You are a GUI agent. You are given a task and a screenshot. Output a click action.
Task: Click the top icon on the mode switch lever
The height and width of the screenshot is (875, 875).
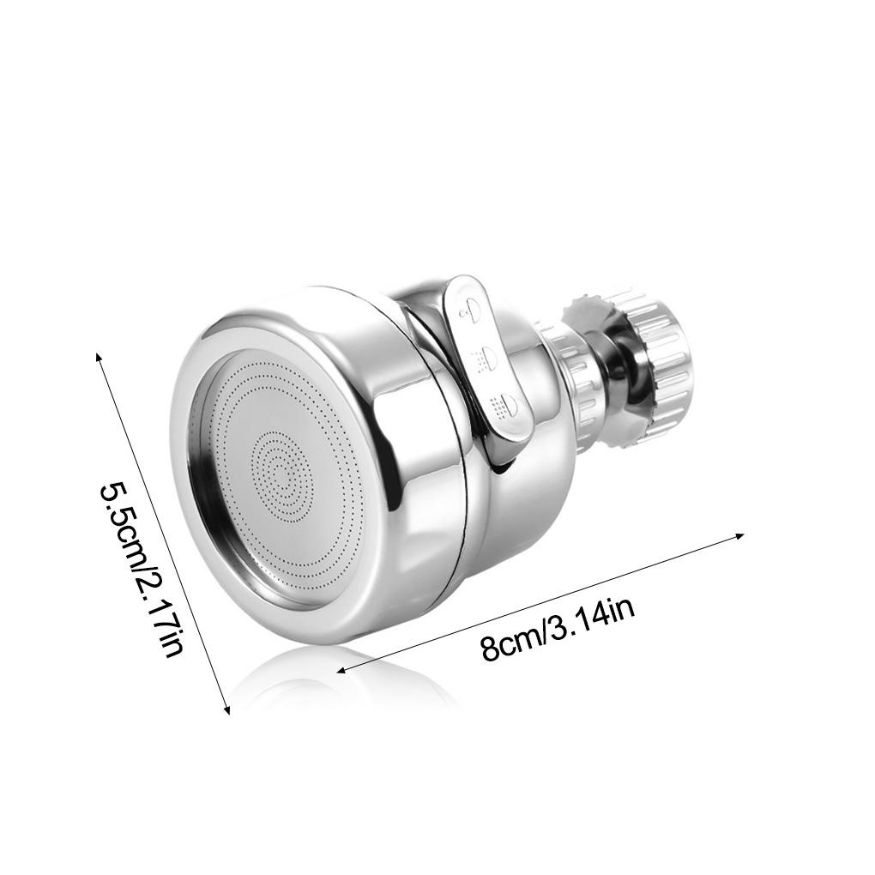pos(470,309)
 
